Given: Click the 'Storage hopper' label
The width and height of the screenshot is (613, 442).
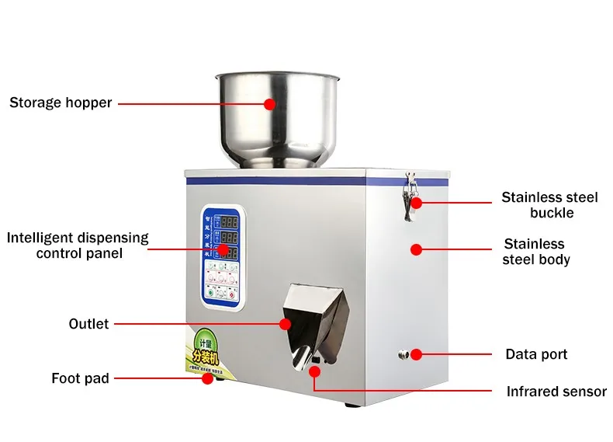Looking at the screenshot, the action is pyautogui.click(x=61, y=103).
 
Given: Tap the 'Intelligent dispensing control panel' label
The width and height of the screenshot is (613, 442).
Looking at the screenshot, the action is pyautogui.click(x=78, y=245).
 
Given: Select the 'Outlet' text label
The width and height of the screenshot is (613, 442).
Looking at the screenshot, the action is pyautogui.click(x=88, y=323).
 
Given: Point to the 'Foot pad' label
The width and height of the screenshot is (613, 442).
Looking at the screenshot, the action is pyautogui.click(x=80, y=378).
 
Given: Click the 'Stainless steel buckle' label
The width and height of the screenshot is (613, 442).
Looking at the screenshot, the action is pyautogui.click(x=549, y=205).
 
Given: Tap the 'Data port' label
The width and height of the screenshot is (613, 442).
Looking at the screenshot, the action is pyautogui.click(x=536, y=354).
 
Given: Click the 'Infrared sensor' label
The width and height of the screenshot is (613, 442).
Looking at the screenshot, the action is pyautogui.click(x=556, y=392).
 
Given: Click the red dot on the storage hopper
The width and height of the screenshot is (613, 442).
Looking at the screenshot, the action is pyautogui.click(x=269, y=103).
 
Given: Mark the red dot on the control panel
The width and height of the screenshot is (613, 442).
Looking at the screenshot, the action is pyautogui.click(x=223, y=250).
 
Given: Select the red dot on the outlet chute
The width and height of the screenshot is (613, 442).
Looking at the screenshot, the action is pyautogui.click(x=286, y=323).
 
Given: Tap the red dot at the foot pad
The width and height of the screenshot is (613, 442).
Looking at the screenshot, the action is pyautogui.click(x=207, y=379).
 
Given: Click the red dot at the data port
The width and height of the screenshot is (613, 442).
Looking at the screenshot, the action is pyautogui.click(x=416, y=354).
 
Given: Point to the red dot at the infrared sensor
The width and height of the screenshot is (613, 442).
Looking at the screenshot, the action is pyautogui.click(x=314, y=371).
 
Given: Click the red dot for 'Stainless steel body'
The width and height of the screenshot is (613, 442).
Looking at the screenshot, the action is pyautogui.click(x=416, y=250).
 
